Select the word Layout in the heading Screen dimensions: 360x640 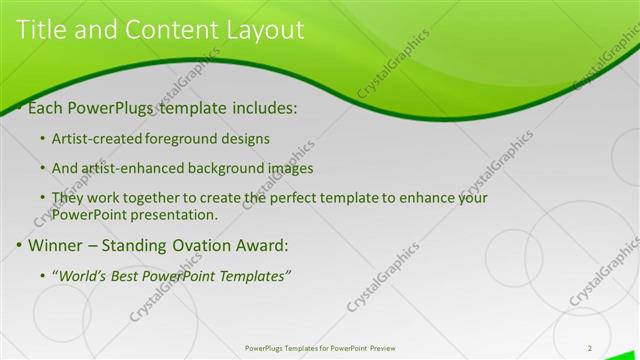pos(261,31)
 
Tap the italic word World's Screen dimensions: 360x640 pos(82,276)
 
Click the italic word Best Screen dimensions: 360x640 pos(127,276)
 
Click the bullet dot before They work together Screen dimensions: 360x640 pos(41,198)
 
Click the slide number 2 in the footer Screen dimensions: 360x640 pos(590,348)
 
